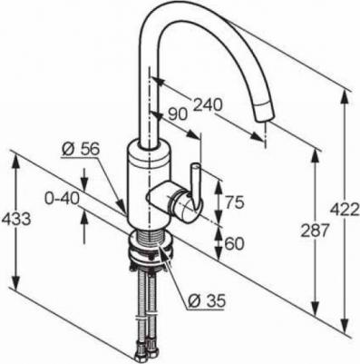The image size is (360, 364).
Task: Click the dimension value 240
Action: tap(208, 104)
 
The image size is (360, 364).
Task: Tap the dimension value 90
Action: tap(178, 114)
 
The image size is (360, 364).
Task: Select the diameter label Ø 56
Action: tap(81, 149)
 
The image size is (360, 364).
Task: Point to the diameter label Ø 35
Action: tap(207, 300)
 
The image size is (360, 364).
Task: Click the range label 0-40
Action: tap(63, 199)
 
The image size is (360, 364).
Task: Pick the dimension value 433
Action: tap(16, 219)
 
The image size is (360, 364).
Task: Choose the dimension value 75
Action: tap(234, 202)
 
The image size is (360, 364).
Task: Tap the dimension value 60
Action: tap(234, 244)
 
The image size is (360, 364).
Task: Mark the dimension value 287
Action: tap(315, 231)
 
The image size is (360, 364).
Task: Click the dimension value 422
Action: tap(345, 210)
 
